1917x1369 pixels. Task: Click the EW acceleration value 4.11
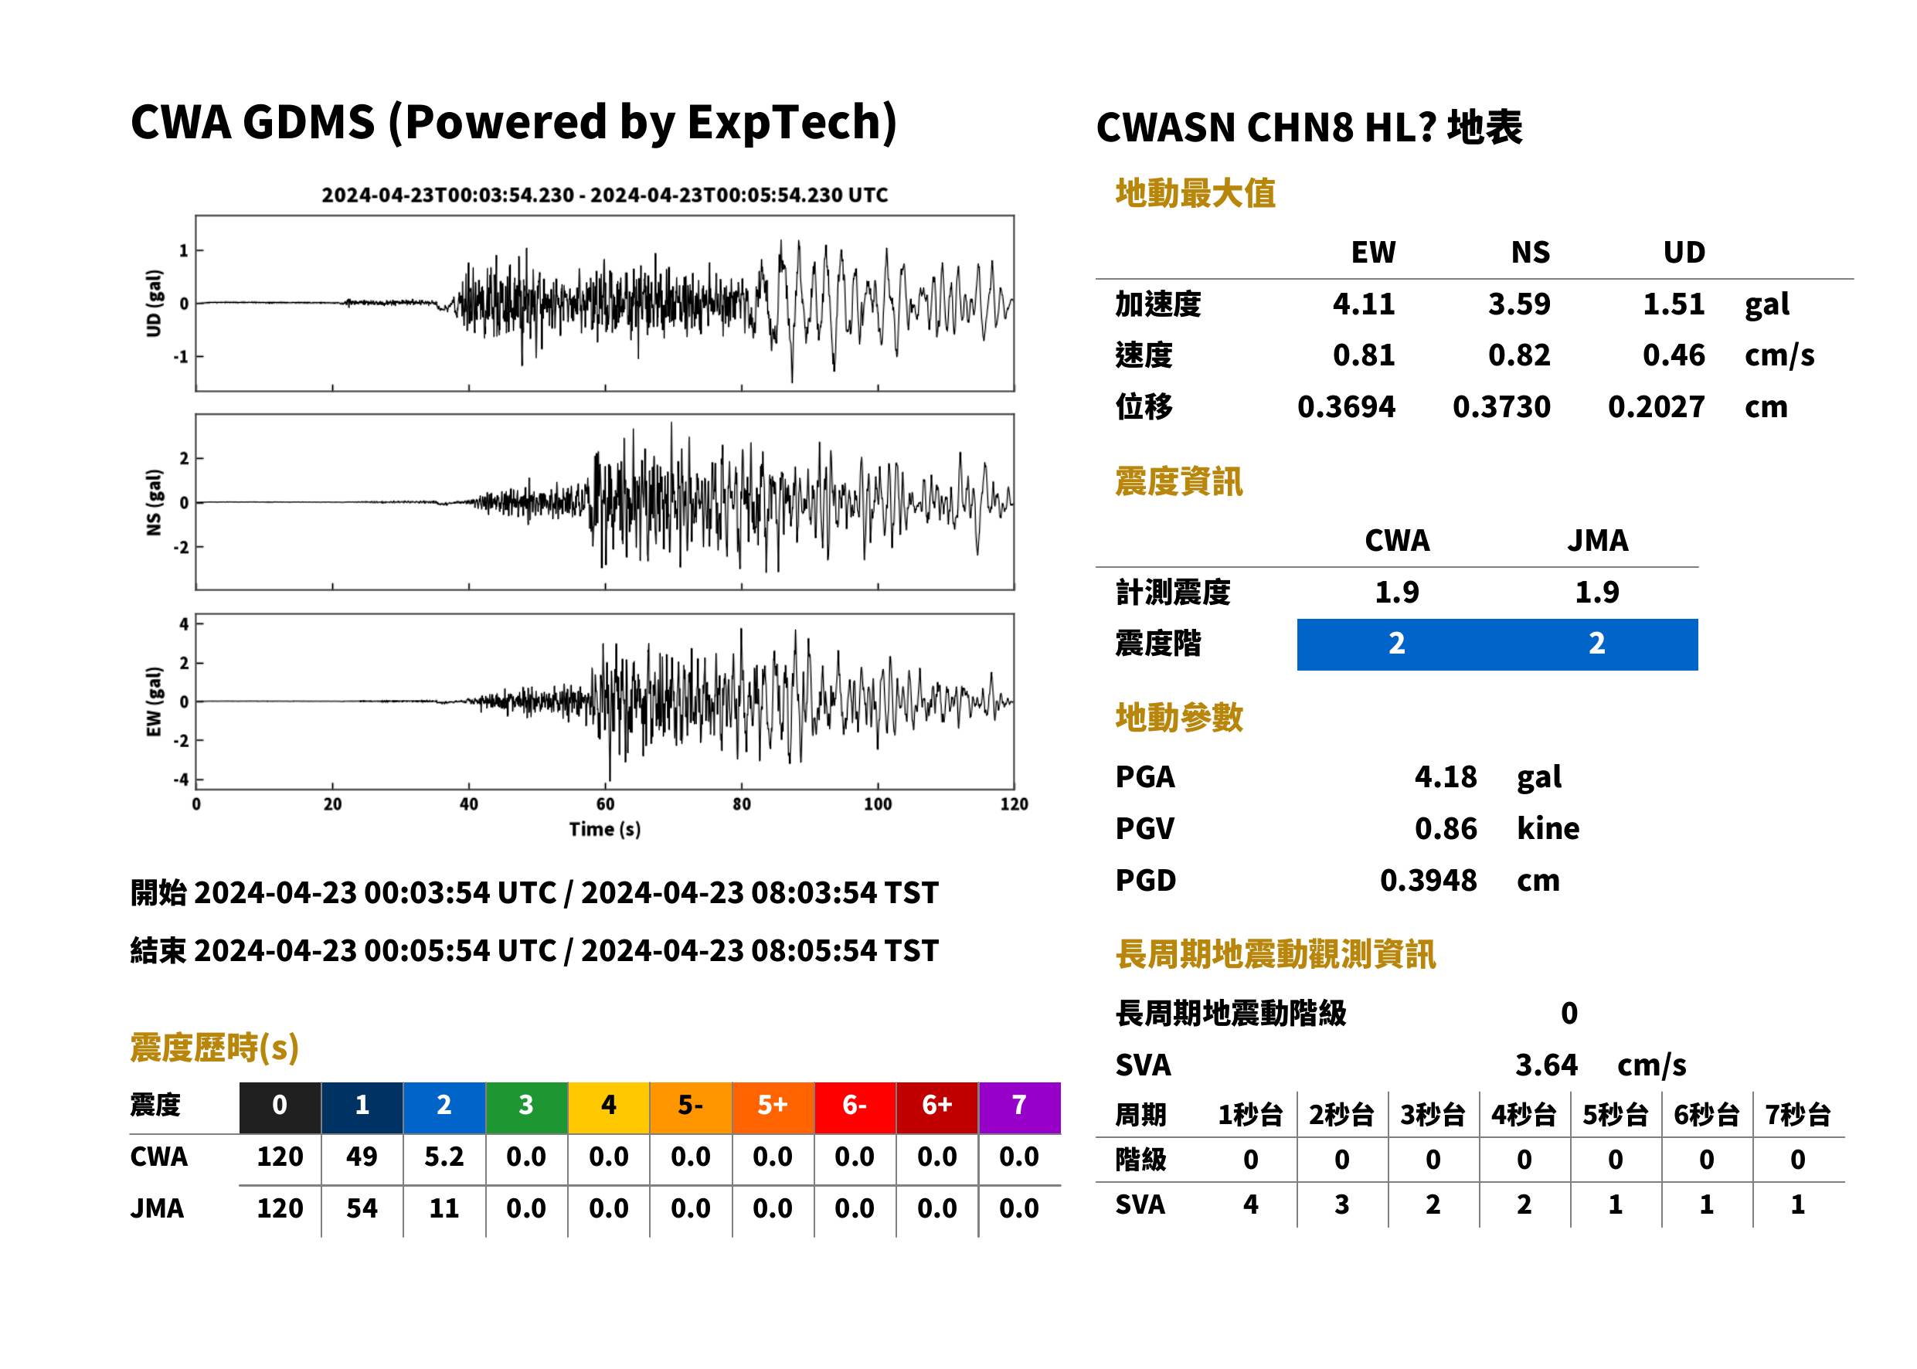(x=1363, y=304)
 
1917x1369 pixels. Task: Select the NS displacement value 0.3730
(x=1501, y=407)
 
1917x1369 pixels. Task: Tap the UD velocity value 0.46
(x=1674, y=355)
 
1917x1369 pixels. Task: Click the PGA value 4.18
(x=1446, y=776)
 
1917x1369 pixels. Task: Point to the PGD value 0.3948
(x=1429, y=880)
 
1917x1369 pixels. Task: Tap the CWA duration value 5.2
(x=444, y=1157)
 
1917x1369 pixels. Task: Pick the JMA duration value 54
(x=362, y=1208)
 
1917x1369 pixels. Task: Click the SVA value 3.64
(x=1546, y=1065)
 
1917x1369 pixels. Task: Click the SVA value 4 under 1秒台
(x=1251, y=1204)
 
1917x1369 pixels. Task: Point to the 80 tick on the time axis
(x=741, y=804)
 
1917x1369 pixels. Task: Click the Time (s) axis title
(x=604, y=830)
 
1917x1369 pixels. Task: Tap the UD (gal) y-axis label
(x=154, y=304)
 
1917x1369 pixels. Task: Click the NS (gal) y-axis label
(x=154, y=502)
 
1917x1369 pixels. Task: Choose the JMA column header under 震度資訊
(x=1598, y=540)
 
